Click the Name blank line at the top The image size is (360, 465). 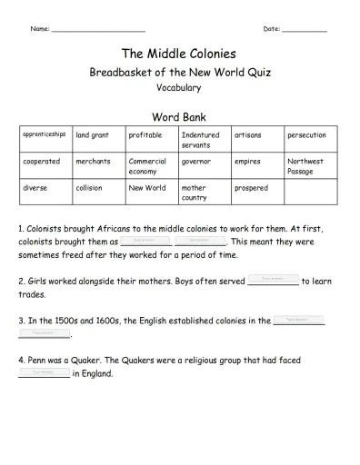point(99,31)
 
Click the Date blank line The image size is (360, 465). point(305,31)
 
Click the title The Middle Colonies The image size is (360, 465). point(178,54)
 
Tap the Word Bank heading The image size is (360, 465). point(178,116)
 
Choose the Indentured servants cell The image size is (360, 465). point(205,140)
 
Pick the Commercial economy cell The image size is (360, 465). point(151,166)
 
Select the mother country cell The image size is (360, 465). point(205,193)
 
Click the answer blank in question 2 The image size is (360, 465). point(273,281)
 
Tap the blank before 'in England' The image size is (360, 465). point(44,373)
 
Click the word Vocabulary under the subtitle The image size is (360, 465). point(178,88)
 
